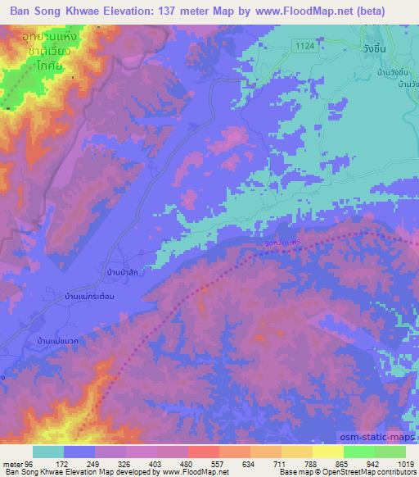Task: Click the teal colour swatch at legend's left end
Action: pos(48,451)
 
